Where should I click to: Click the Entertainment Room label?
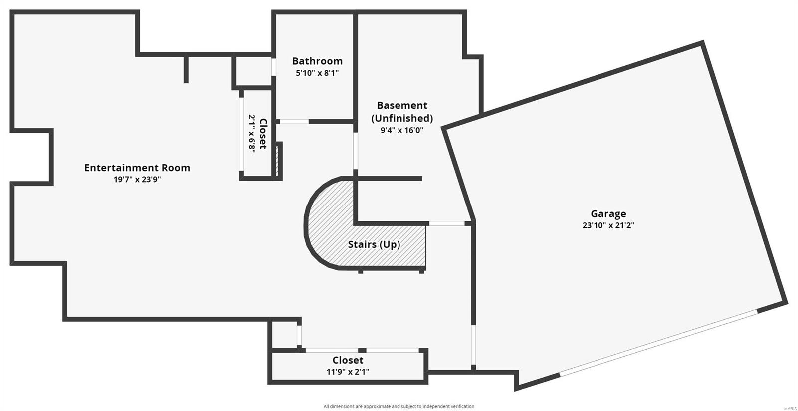coord(137,168)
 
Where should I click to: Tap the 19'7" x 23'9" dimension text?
coord(137,180)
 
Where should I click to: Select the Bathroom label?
coord(317,61)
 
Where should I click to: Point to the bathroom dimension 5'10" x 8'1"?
coord(317,73)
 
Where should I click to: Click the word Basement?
coord(402,105)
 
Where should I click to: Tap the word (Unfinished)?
coord(402,118)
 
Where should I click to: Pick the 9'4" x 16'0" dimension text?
coord(402,131)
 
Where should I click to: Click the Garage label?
coord(608,214)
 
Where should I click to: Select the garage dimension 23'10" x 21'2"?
coord(608,225)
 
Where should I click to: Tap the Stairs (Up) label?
coord(374,244)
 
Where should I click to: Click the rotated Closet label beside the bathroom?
coord(263,134)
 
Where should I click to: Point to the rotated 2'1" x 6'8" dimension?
coord(252,134)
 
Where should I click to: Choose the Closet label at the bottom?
coord(348,360)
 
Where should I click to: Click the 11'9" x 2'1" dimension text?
coord(348,372)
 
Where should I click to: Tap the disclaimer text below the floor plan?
coord(399,406)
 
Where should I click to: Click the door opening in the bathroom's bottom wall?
coord(294,121)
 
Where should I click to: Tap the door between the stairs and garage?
coord(447,223)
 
